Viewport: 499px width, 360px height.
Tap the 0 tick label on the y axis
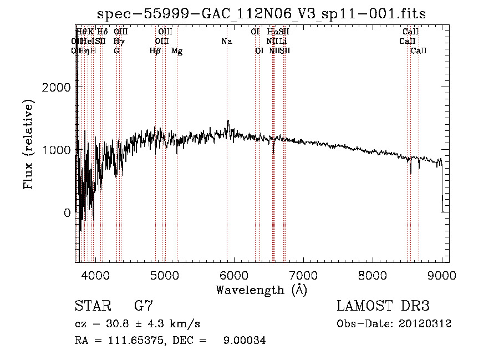tap(67, 212)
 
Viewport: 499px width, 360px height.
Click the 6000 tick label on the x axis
tap(234, 274)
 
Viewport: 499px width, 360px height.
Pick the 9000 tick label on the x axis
tap(442, 274)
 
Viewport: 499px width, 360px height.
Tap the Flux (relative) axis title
tap(29, 144)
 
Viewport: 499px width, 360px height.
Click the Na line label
tap(226, 41)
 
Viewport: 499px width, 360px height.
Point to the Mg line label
tap(177, 51)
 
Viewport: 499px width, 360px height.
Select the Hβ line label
tap(155, 51)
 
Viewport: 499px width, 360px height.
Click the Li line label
tap(283, 41)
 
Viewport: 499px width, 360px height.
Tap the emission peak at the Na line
tap(227, 121)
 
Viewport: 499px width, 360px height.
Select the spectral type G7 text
tap(144, 306)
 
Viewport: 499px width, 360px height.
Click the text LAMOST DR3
tap(383, 306)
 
